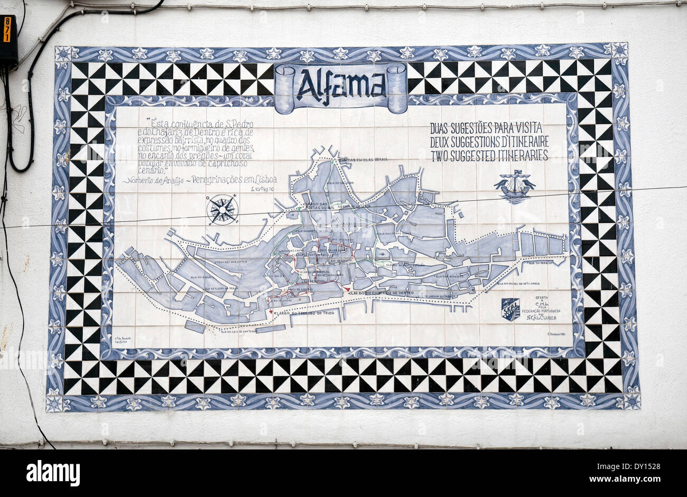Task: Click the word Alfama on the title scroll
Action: [x=341, y=85]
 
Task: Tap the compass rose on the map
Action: [x=222, y=210]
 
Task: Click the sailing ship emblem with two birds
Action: [x=514, y=186]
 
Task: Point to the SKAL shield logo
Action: [x=510, y=309]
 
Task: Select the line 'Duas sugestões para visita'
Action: [x=486, y=127]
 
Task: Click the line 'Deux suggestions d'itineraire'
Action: [x=489, y=142]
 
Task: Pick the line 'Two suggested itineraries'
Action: [x=489, y=155]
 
